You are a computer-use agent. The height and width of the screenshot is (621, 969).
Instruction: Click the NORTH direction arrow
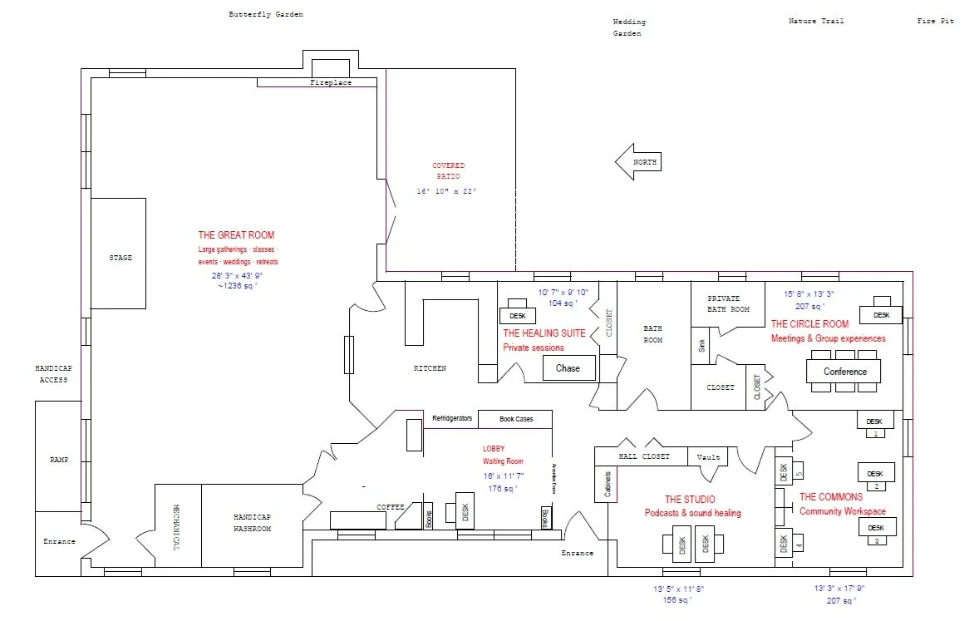638,162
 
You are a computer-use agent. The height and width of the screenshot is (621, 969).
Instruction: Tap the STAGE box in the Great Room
120,258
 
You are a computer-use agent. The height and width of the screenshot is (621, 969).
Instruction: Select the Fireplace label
331,83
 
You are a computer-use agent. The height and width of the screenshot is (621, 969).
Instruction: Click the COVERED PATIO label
448,171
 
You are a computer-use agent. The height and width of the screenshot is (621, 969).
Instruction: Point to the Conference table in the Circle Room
845,372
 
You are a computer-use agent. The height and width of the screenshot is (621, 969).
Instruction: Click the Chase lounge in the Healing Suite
568,368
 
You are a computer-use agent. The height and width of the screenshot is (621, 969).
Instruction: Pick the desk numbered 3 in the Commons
877,529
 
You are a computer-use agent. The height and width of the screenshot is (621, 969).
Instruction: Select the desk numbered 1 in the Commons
875,421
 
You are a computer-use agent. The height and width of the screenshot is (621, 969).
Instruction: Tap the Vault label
708,457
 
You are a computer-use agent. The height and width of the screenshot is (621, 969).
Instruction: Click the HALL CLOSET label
641,457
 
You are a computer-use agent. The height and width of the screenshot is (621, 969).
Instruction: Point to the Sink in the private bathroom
701,346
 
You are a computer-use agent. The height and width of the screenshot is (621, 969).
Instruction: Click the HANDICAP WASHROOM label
252,522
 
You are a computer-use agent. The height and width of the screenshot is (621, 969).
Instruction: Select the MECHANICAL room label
177,526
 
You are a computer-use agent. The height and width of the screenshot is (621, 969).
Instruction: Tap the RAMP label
59,460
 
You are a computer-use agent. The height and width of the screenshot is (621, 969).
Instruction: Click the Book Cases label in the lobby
516,419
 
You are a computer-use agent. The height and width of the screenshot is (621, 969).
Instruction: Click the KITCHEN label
430,368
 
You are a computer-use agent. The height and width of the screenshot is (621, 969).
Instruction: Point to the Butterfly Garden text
266,14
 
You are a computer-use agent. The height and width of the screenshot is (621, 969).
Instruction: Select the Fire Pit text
936,21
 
